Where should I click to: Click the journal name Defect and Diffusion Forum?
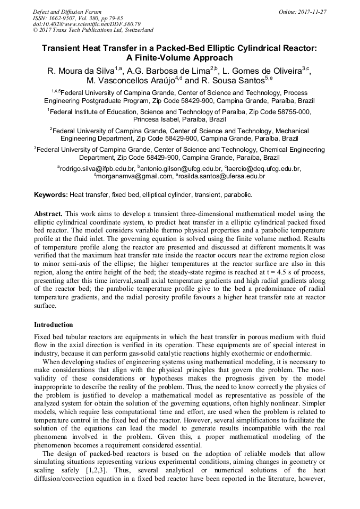tap(67, 12)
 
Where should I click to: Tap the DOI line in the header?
tap(87, 24)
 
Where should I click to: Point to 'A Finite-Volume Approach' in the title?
tap(179, 58)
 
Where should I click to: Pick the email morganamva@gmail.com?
tap(135, 176)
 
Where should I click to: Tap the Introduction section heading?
tap(54, 324)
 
